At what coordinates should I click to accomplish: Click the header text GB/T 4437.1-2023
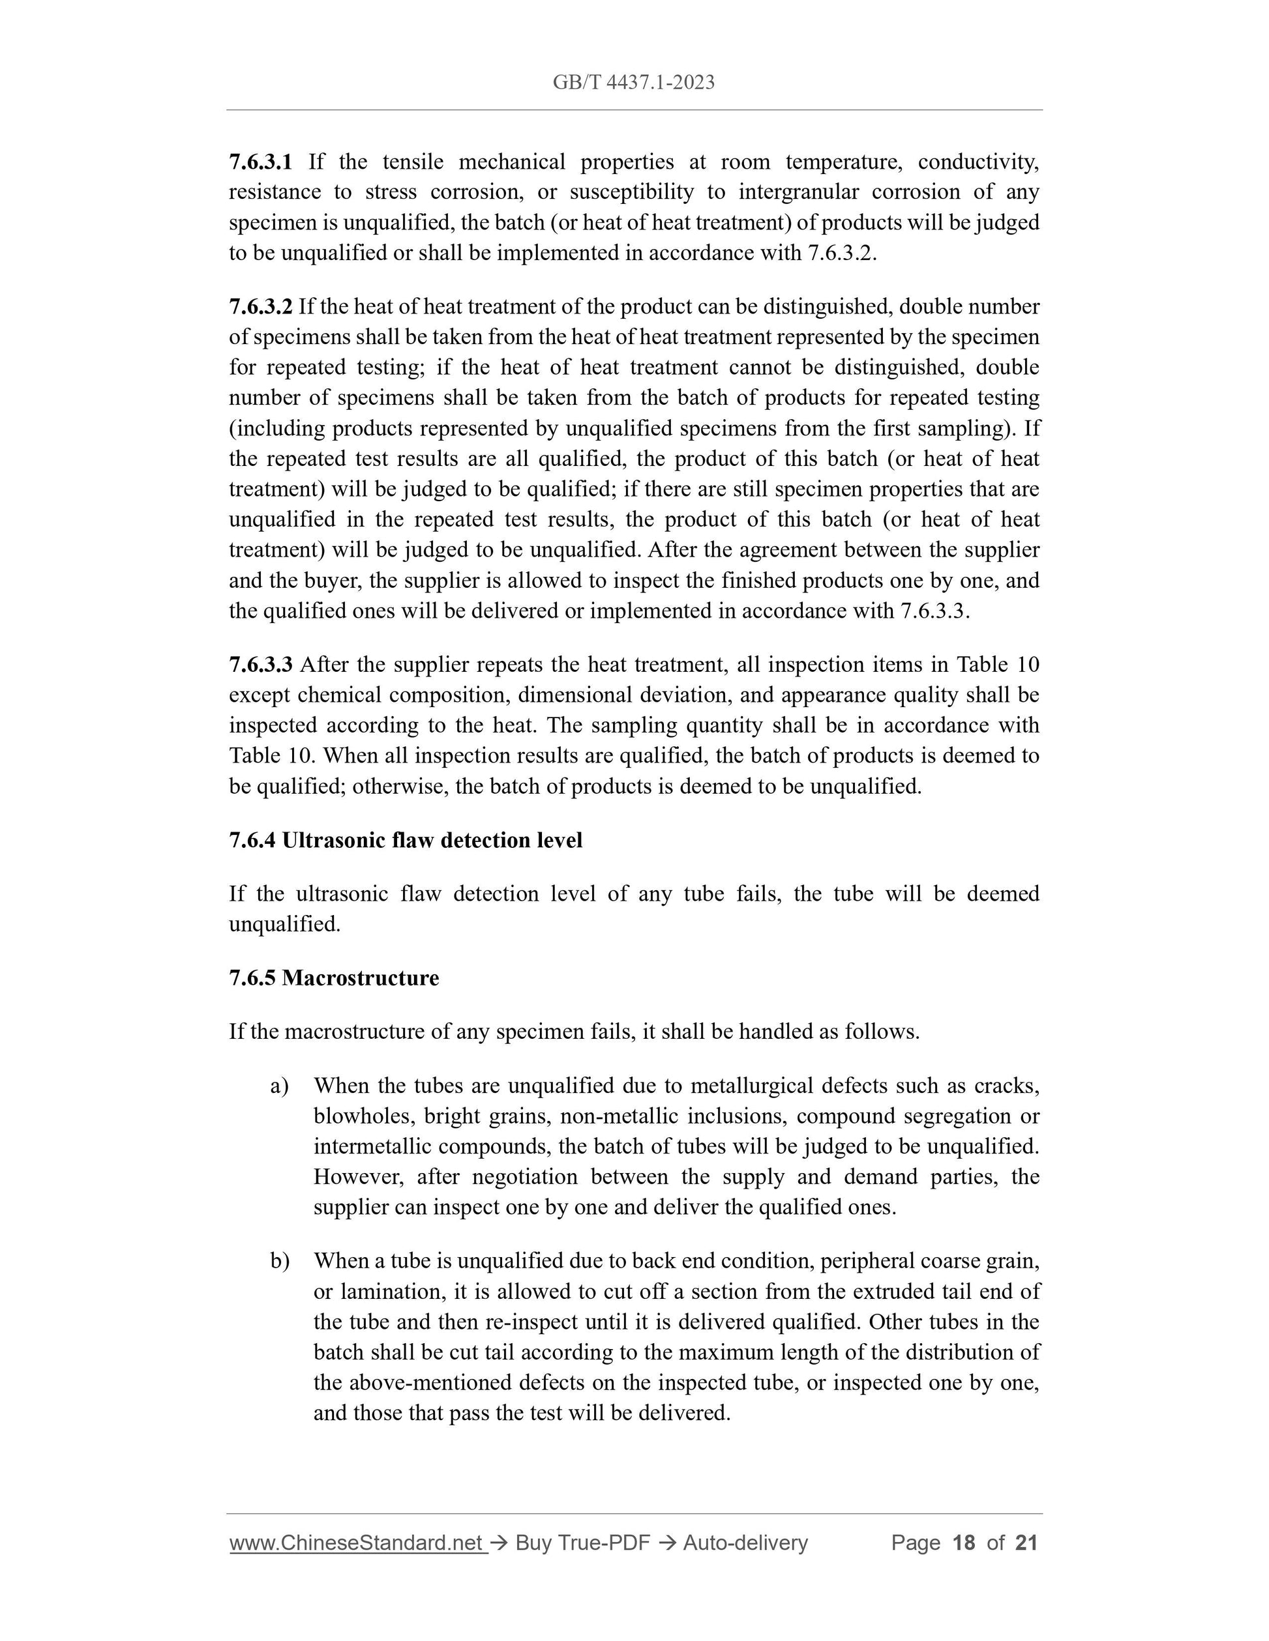coord(633,83)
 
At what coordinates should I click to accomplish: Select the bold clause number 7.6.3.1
coord(260,162)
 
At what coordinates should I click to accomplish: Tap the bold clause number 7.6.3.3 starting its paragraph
coord(260,664)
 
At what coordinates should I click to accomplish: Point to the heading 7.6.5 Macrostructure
coord(334,978)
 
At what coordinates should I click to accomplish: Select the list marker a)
coord(279,1086)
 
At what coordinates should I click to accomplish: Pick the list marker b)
coord(280,1261)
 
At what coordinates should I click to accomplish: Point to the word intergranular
coord(798,192)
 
